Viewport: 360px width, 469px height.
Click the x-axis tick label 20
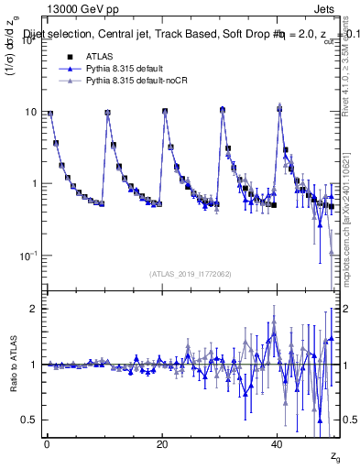(162, 444)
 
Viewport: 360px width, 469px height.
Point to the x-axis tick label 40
(278, 444)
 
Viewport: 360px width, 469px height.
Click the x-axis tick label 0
(47, 444)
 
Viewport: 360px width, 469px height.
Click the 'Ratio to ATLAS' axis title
(12, 364)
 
